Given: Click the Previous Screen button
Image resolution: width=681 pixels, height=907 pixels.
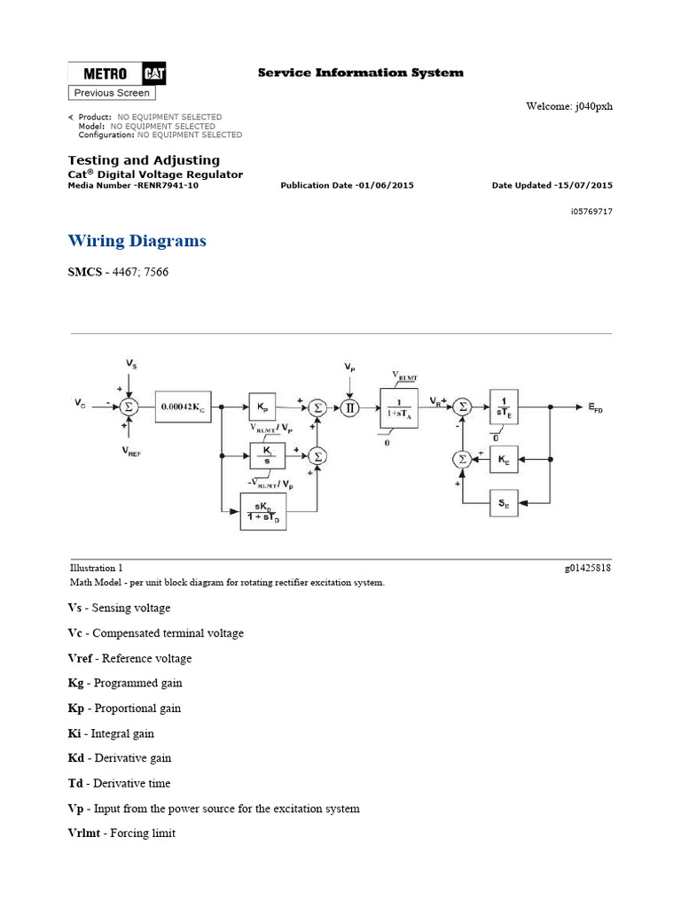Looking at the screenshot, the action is coord(112,93).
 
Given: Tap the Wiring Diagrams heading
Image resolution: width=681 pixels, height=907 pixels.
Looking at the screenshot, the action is coord(137,241).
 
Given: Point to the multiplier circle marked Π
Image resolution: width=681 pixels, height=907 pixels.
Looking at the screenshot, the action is coord(349,407).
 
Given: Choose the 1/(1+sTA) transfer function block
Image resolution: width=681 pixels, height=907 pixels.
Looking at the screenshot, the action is coord(398,407).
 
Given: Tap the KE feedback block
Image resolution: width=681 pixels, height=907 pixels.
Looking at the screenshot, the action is coord(504,460).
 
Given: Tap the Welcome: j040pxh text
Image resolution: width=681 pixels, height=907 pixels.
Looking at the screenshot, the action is coord(569,107).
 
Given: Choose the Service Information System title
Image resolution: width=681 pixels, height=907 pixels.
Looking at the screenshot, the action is coord(360,73).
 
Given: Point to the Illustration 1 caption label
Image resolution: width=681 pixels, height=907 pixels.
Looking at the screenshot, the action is coord(97,568).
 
